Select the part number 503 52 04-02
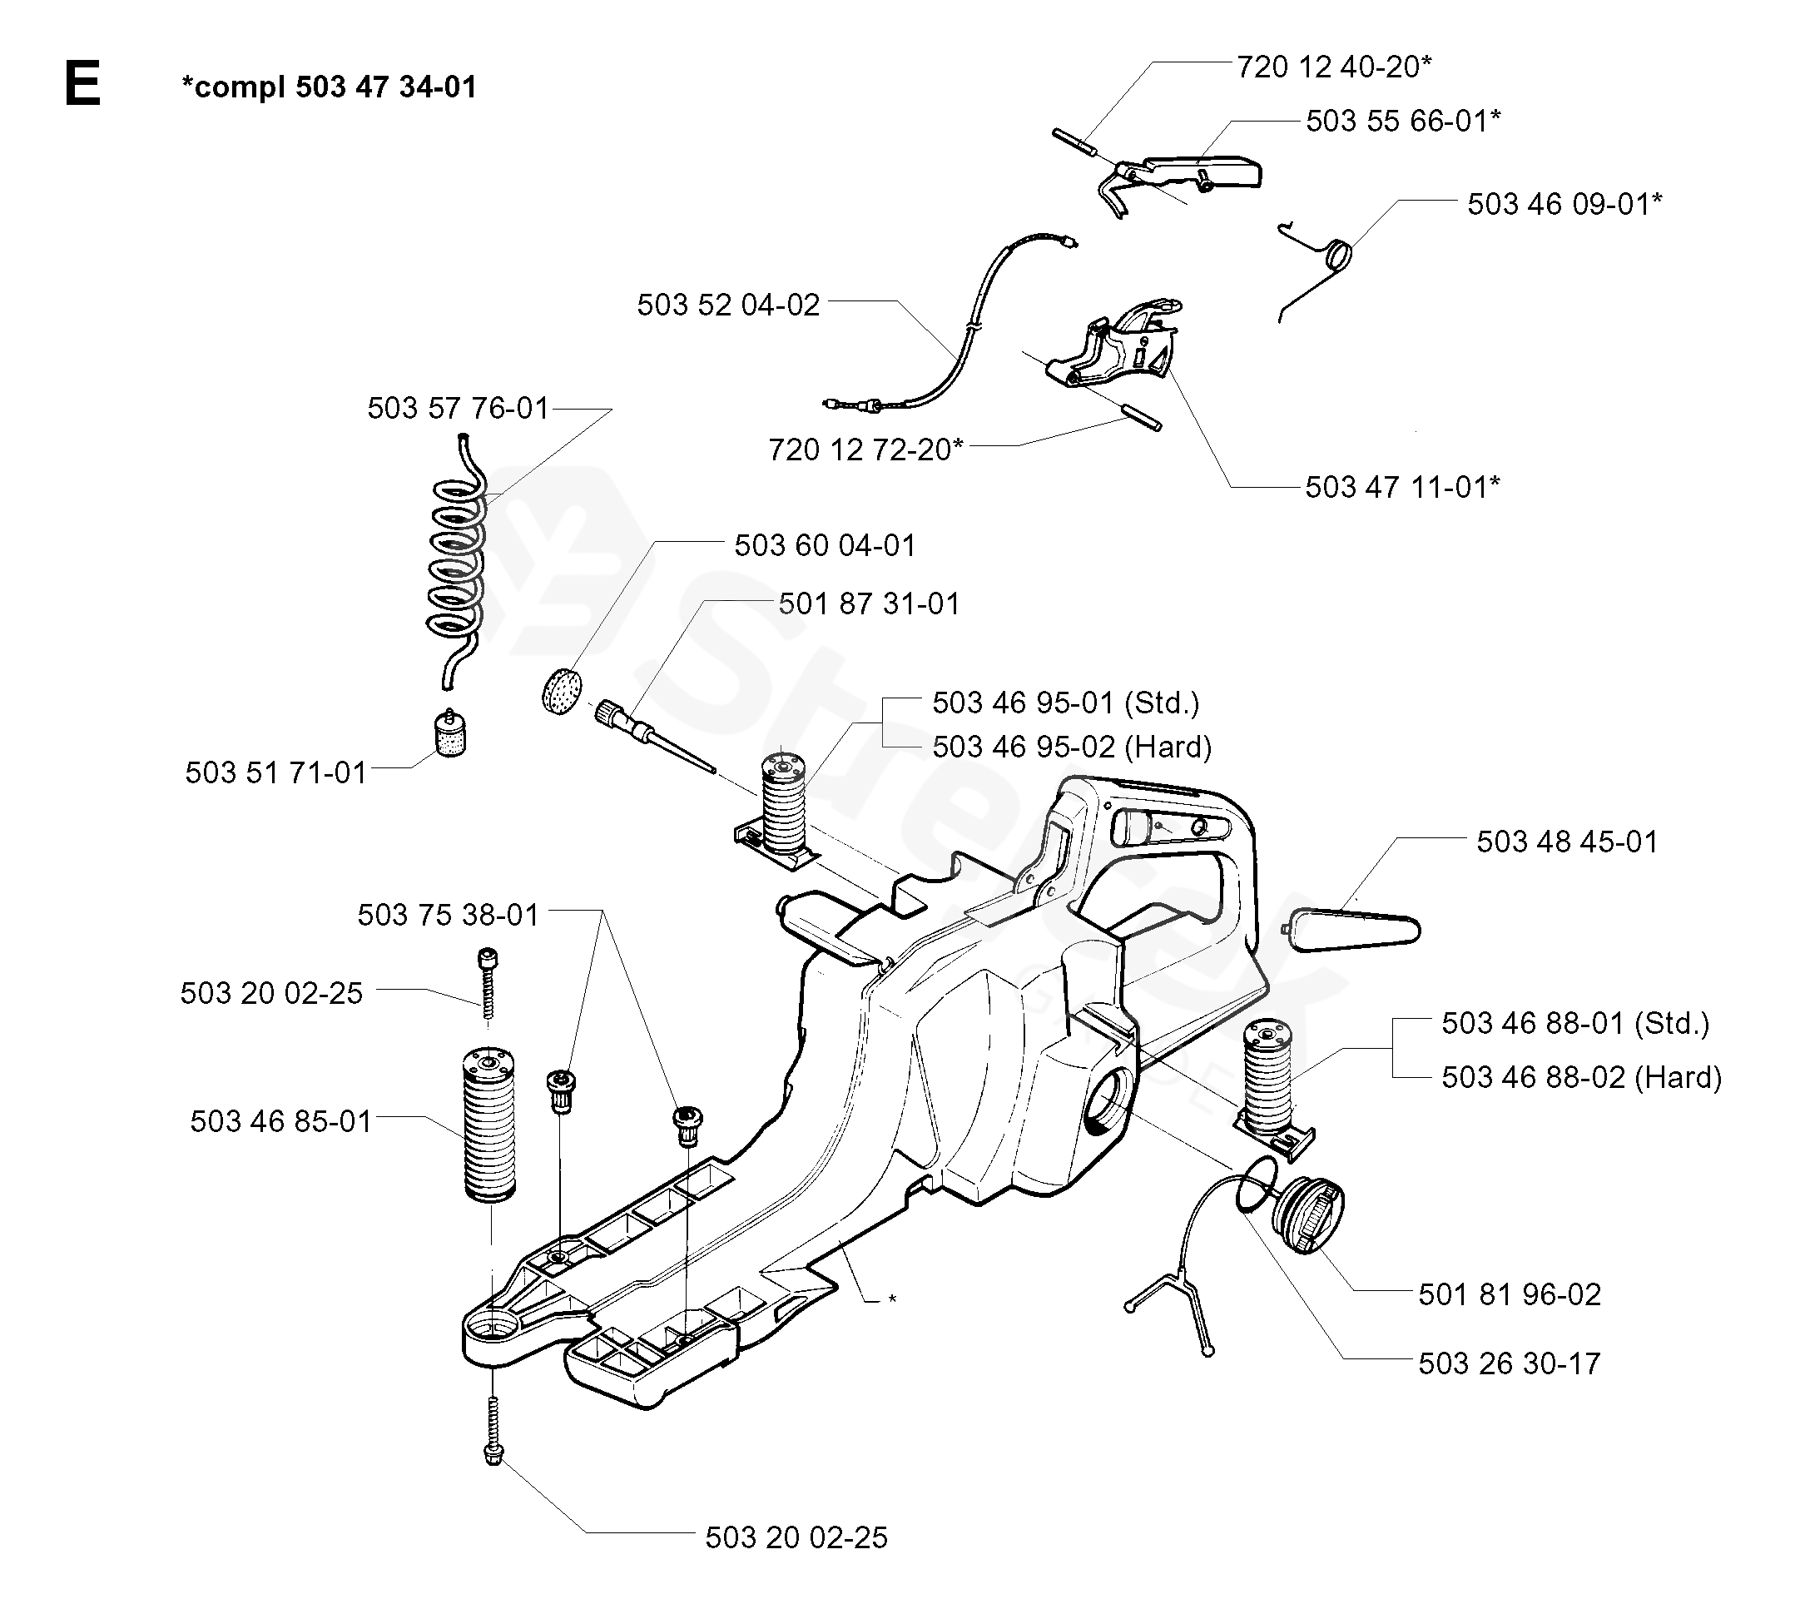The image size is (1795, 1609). point(728,305)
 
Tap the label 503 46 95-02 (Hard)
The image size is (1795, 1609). point(1072,747)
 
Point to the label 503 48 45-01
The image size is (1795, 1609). point(1567,842)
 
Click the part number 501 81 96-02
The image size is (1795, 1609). point(1510,1295)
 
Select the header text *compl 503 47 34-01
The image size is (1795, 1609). point(329,87)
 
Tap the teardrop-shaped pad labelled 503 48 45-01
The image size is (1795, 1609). point(1356,931)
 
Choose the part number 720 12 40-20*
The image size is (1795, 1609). point(1334,67)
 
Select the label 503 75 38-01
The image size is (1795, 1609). point(448,915)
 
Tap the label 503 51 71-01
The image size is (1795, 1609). point(275,772)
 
